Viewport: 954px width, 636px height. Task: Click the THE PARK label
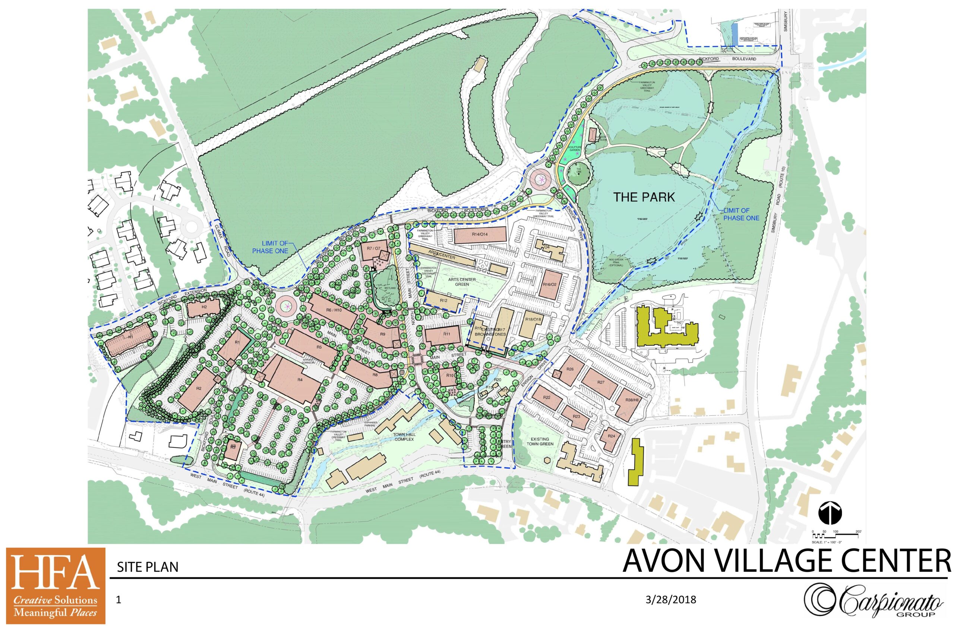tap(644, 197)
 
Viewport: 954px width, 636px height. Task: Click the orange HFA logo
tap(56, 586)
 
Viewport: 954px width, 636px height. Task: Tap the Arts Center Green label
tap(462, 282)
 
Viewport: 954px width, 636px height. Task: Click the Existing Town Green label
tap(540, 441)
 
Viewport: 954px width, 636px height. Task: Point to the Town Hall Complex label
tap(404, 437)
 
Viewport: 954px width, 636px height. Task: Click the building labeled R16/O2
tap(550, 284)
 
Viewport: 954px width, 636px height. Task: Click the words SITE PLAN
tap(148, 567)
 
